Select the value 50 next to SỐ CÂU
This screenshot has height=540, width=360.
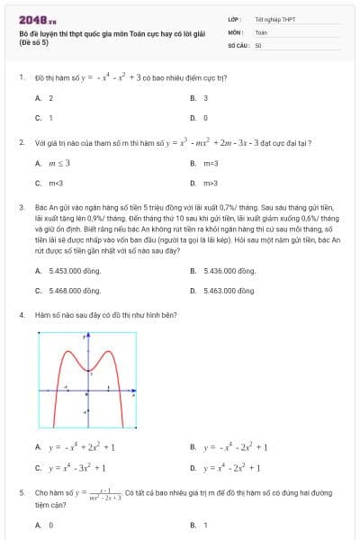258,44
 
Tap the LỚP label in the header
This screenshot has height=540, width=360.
234,19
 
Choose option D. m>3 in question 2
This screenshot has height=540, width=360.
204,183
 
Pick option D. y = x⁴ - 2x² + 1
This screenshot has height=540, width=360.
229,467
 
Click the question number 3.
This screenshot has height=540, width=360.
21,207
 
